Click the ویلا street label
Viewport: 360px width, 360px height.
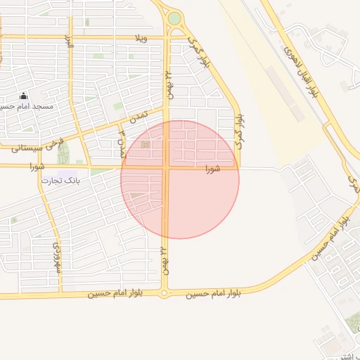[x=143, y=37]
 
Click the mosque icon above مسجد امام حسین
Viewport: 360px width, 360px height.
[x=23, y=96]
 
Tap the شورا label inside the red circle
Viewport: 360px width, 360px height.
[x=214, y=169]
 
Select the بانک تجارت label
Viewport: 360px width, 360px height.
[x=60, y=181]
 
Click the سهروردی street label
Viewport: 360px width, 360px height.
[x=56, y=258]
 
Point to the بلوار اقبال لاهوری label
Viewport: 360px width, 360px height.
[x=301, y=63]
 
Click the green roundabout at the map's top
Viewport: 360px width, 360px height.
[x=174, y=18]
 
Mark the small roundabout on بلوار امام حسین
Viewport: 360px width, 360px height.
[x=165, y=294]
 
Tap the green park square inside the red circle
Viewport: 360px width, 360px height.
[x=146, y=146]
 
